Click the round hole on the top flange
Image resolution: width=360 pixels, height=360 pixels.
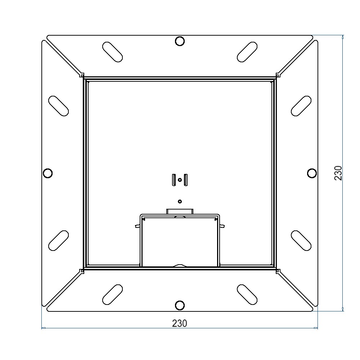180,41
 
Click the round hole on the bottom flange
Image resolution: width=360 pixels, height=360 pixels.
180,305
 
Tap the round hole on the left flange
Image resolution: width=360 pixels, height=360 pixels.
48,173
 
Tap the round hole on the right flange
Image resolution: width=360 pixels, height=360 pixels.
312,173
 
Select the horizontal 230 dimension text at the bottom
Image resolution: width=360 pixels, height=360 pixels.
180,323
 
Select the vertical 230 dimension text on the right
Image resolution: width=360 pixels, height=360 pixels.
338,173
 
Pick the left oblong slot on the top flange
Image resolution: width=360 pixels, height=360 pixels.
112,52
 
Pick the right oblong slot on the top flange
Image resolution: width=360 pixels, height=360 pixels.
247,52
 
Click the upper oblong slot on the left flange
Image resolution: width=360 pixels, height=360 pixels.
59,106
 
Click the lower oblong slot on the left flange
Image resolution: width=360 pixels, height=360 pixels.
59,240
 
